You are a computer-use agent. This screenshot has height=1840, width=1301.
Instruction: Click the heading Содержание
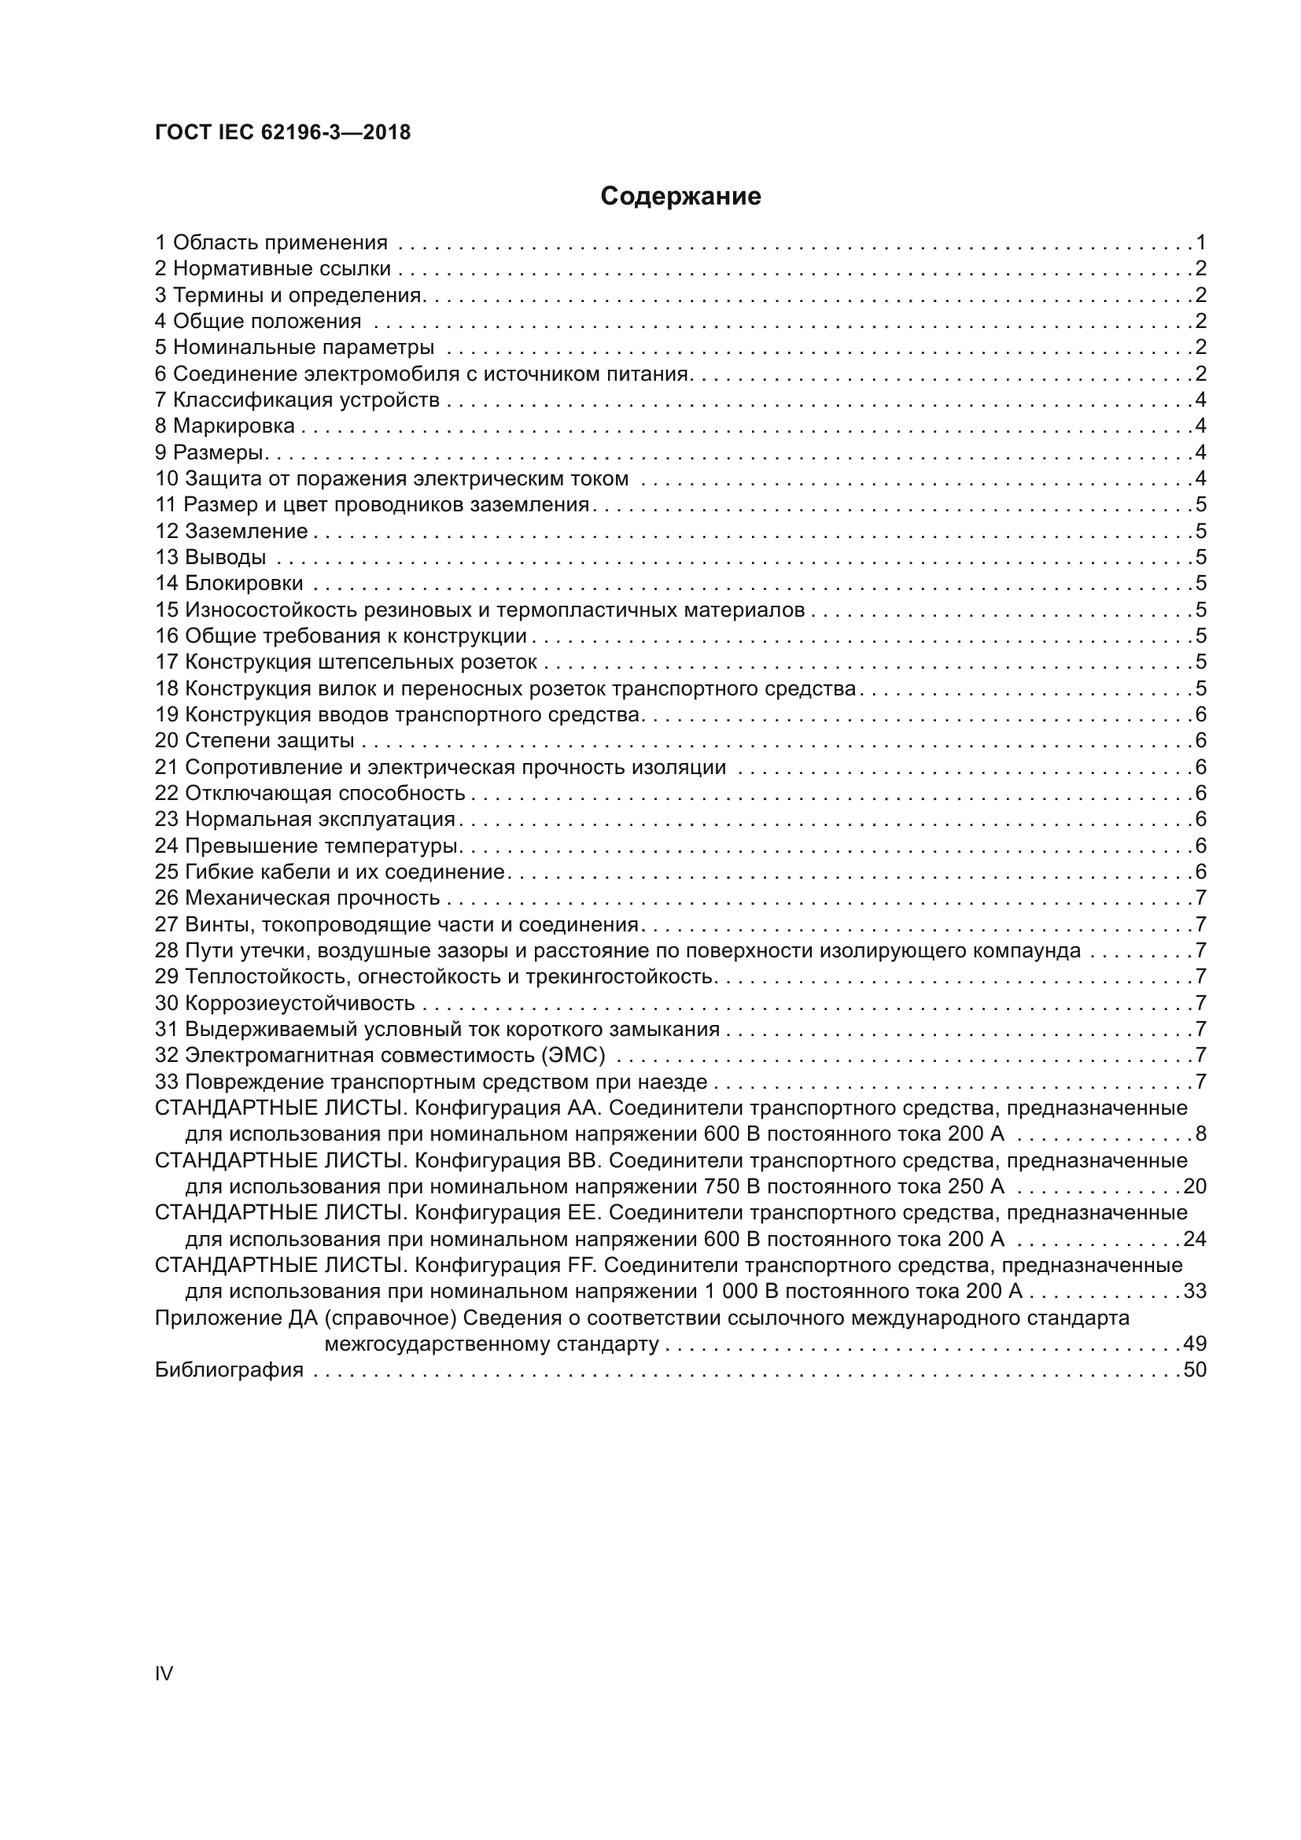click(680, 197)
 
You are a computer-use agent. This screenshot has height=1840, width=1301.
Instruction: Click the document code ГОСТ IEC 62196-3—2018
click(282, 132)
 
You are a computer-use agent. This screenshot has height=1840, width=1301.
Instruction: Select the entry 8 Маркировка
click(225, 426)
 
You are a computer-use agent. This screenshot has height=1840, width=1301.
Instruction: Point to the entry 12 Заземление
click(231, 530)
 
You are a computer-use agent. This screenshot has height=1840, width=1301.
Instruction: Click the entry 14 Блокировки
click(229, 583)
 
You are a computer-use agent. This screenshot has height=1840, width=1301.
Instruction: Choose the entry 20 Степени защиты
click(254, 740)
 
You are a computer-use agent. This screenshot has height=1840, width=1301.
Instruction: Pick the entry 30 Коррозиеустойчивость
click(285, 1002)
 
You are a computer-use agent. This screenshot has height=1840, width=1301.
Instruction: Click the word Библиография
click(229, 1370)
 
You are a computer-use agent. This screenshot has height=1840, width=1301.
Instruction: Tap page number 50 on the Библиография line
click(1195, 1370)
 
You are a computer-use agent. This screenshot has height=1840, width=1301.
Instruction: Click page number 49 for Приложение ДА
click(1195, 1343)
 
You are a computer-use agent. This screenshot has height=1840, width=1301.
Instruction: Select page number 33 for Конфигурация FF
click(1195, 1291)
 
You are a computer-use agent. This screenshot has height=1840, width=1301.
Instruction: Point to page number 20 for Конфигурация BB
click(1195, 1186)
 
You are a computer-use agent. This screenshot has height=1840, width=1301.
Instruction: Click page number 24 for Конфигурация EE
click(1195, 1239)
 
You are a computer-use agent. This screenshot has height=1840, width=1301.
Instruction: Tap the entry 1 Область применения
click(271, 242)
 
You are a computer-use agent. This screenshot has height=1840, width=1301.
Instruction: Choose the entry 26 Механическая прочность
click(297, 898)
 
